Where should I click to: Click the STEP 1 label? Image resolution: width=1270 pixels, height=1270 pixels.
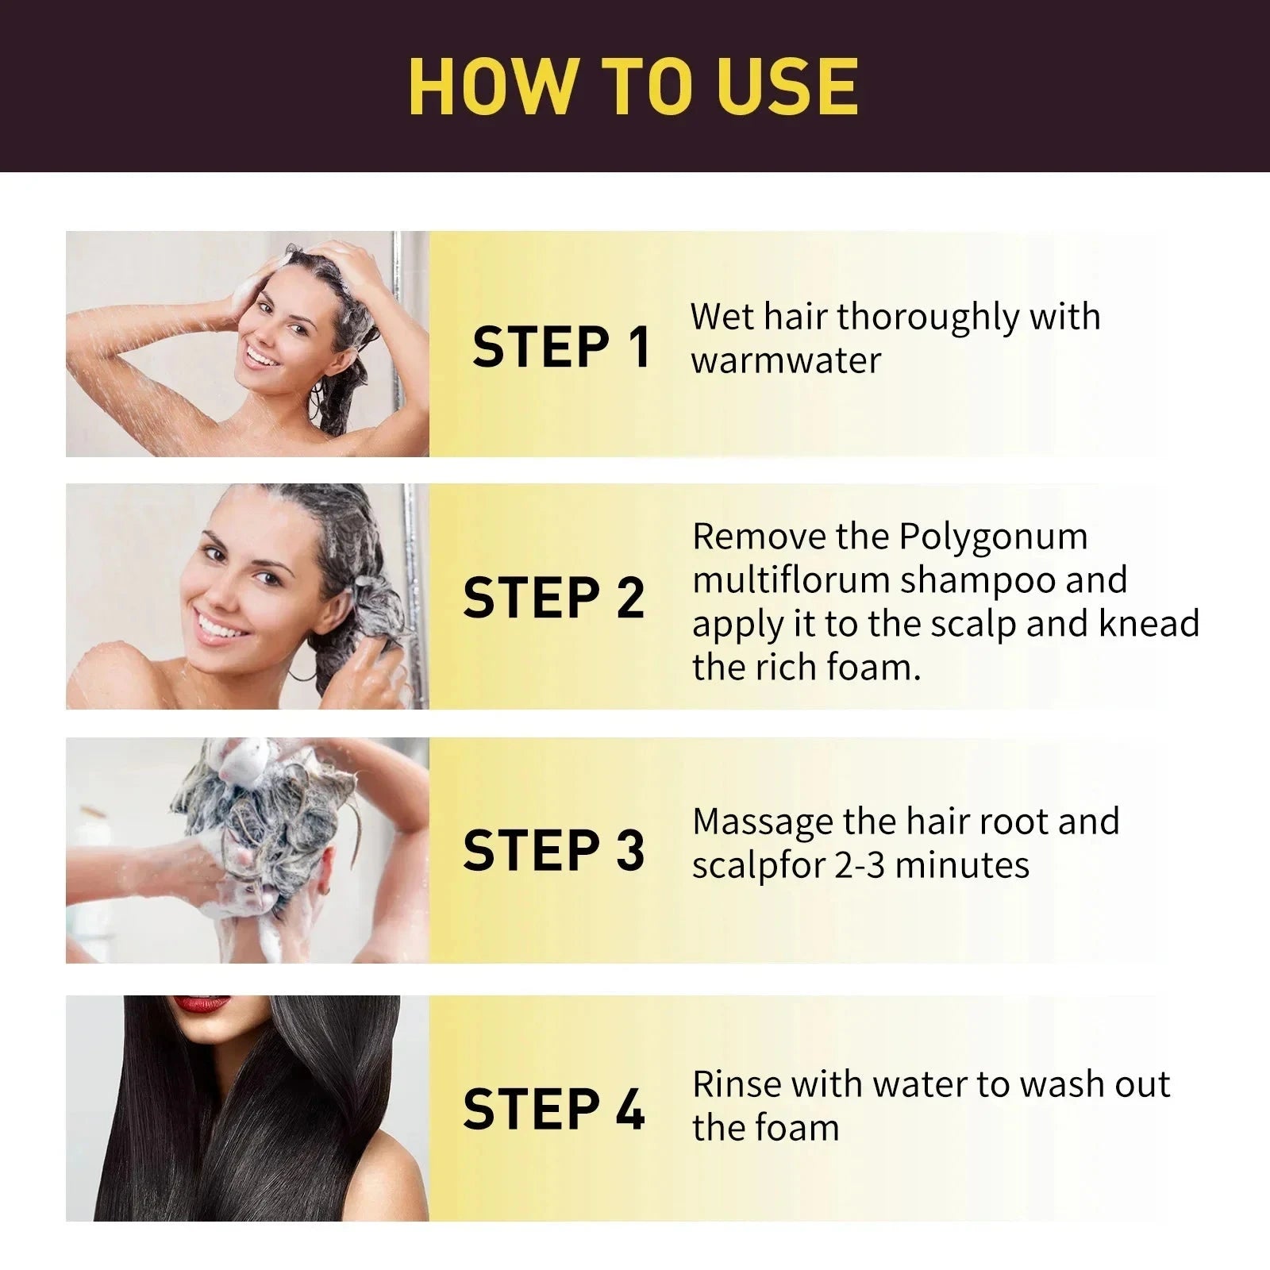pyautogui.click(x=561, y=347)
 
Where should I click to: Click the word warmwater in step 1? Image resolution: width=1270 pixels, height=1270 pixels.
pyautogui.click(x=786, y=361)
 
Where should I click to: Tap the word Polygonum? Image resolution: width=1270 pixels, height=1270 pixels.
pyautogui.click(x=993, y=537)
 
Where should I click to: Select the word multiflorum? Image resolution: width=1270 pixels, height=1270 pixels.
pyautogui.click(x=791, y=580)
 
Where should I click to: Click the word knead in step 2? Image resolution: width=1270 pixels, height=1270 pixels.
pyautogui.click(x=1149, y=624)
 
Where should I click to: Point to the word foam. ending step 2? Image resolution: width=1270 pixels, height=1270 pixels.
pyautogui.click(x=873, y=667)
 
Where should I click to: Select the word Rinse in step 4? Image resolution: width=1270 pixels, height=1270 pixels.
pyautogui.click(x=735, y=1084)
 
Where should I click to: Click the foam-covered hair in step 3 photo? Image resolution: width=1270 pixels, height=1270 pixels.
pyautogui.click(x=262, y=802)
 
